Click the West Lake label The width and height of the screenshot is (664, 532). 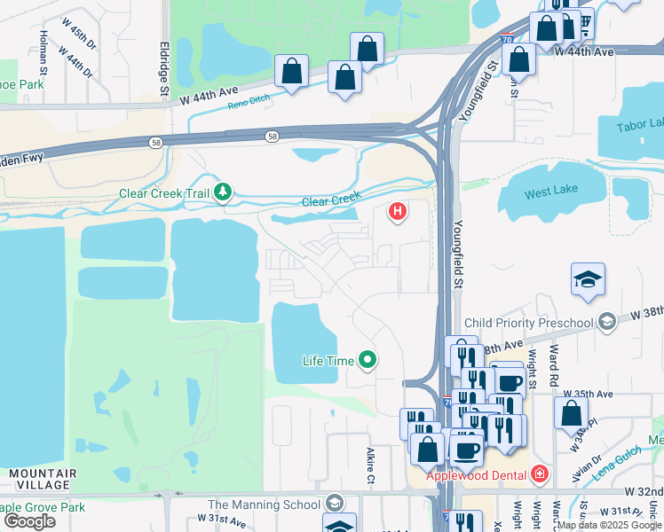click(x=550, y=192)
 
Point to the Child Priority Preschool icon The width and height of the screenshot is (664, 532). click(x=607, y=320)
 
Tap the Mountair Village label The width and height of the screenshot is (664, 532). click(x=42, y=479)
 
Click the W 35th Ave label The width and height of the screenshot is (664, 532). click(x=593, y=394)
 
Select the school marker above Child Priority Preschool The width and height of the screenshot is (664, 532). click(x=588, y=281)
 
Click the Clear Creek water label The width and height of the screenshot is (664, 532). click(x=331, y=201)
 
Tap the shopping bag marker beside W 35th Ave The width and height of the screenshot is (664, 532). click(x=571, y=413)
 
